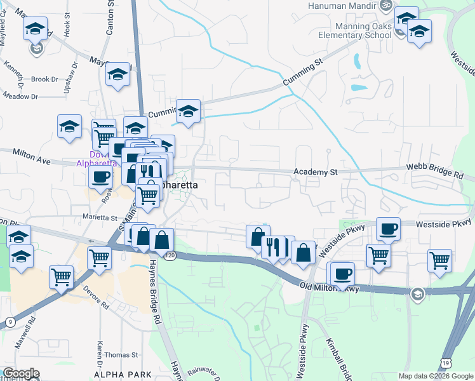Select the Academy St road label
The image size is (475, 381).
tap(315, 172)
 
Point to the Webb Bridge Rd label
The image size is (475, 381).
tap(436, 173)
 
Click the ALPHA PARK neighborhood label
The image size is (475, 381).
tap(117, 375)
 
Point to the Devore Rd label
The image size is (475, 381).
tap(96, 297)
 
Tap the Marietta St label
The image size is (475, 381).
tap(100, 217)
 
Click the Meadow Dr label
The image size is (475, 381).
tap(20, 97)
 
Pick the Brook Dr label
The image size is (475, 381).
tap(44, 79)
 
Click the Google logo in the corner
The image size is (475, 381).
tap(21, 373)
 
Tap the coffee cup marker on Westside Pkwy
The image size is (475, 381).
tap(388, 228)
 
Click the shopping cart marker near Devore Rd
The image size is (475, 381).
tap(61, 277)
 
